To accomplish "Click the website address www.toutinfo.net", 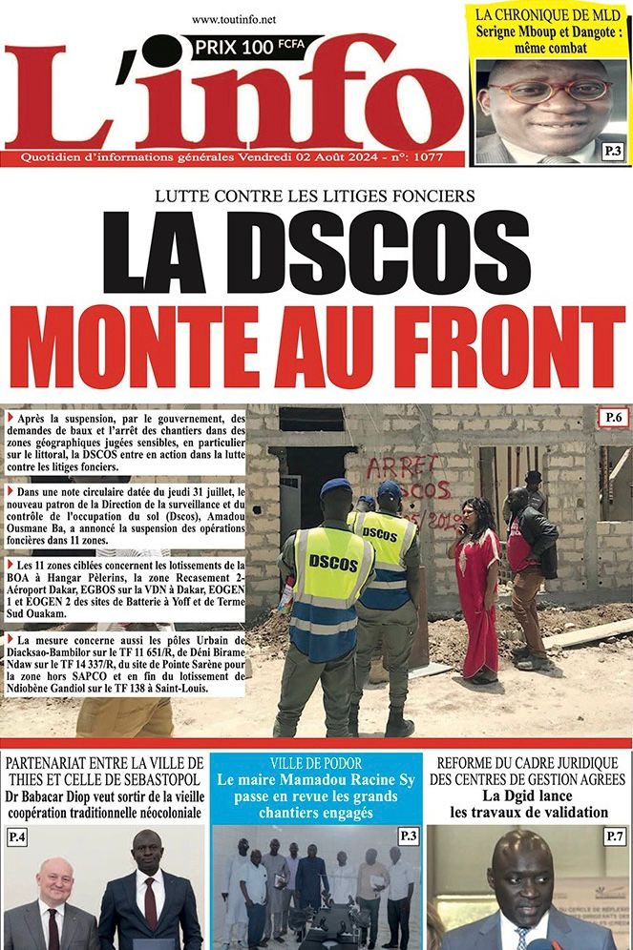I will pyautogui.click(x=233, y=18).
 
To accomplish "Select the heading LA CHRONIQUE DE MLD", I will pyautogui.click(x=549, y=14).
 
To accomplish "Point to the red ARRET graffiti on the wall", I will pyautogui.click(x=401, y=466).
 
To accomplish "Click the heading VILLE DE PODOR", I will pyautogui.click(x=315, y=763).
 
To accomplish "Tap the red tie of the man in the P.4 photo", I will pyautogui.click(x=150, y=900).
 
